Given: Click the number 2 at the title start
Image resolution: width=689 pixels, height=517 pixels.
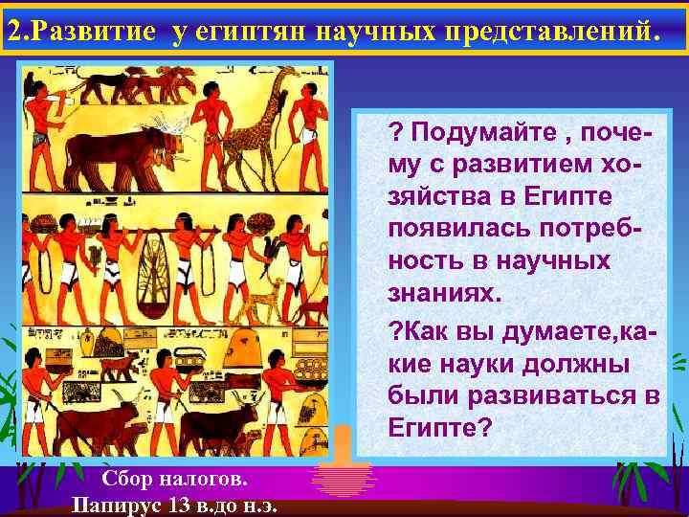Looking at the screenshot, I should [x=13, y=31].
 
